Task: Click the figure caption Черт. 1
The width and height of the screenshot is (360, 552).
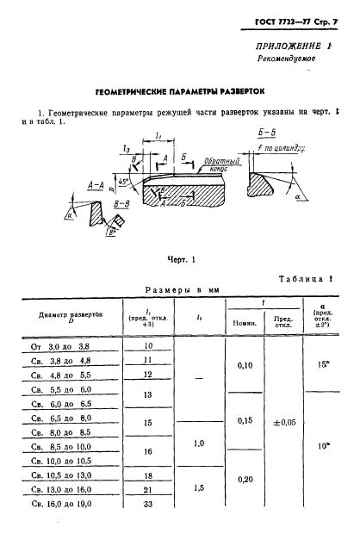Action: [x=180, y=258]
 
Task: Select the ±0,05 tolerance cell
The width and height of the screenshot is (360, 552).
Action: [x=284, y=423]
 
